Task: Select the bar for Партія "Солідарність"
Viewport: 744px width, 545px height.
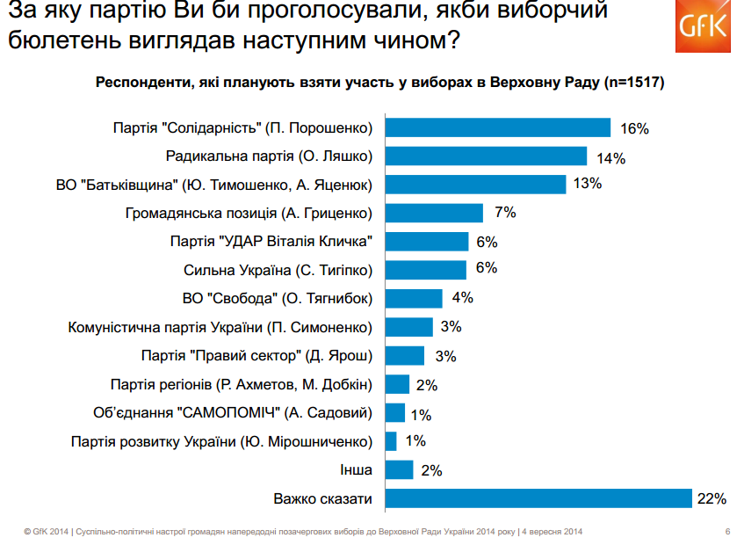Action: (498, 128)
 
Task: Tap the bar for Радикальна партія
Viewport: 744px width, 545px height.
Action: (486, 156)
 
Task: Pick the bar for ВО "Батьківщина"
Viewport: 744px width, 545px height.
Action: (475, 185)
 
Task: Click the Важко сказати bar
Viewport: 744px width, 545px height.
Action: (538, 499)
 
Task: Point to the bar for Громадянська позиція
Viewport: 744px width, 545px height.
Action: (434, 213)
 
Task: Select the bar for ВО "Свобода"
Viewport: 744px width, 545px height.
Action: (414, 298)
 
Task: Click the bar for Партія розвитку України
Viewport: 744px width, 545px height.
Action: (391, 441)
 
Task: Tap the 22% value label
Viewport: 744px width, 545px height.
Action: (711, 499)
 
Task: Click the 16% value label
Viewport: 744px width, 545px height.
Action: (633, 128)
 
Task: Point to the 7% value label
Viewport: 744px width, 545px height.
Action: (505, 213)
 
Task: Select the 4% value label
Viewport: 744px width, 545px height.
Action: (463, 298)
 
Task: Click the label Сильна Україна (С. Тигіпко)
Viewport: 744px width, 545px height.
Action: (278, 270)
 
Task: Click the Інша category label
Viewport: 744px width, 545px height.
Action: (355, 470)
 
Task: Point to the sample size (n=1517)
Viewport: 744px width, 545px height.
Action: (632, 84)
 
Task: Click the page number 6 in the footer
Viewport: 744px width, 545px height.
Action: (727, 532)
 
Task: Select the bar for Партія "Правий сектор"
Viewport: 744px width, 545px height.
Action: (404, 355)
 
